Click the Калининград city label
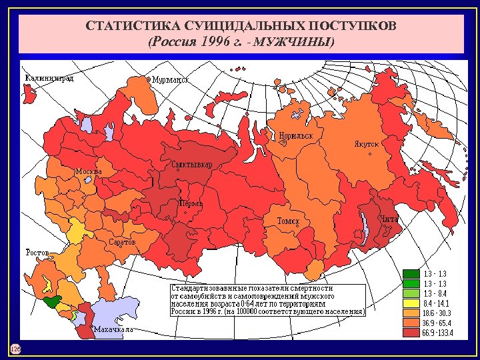click(49, 77)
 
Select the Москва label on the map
click(89, 171)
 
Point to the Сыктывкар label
click(192, 165)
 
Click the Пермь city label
click(190, 203)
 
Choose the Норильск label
click(297, 135)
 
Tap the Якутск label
click(366, 143)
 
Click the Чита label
click(389, 219)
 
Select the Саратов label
click(122, 242)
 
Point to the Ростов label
click(37, 253)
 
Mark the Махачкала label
click(114, 329)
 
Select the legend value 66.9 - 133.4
click(437, 333)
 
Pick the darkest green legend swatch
click(411, 273)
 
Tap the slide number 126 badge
click(15, 349)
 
